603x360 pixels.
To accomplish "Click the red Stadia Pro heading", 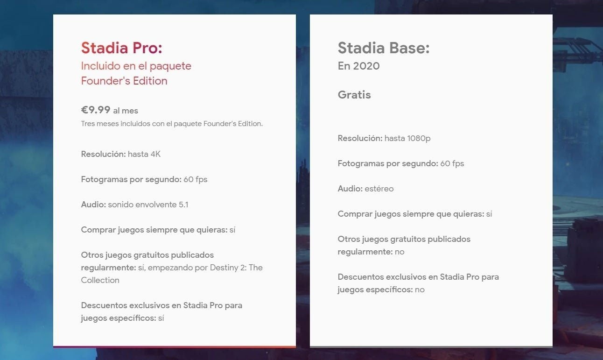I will coord(121,48).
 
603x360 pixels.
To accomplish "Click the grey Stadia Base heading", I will coord(383,48).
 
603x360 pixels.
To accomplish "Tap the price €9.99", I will coord(96,110).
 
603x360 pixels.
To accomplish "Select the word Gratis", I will coord(354,95).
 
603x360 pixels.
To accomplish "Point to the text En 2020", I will coord(358,66).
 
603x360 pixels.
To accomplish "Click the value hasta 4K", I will coord(144,154).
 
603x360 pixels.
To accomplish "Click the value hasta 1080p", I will coord(407,138).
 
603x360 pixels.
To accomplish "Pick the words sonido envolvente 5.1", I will coord(148,205).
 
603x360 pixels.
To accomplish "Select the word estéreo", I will coord(379,189).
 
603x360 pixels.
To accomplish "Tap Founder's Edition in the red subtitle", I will coord(124,81).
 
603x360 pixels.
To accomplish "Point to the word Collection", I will coord(100,280).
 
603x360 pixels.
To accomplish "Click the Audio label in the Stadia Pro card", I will coord(93,205).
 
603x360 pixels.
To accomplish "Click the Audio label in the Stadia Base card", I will coord(350,189).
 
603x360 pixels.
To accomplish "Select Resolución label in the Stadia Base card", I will coord(360,138).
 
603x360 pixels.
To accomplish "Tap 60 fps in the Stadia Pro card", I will coord(195,179).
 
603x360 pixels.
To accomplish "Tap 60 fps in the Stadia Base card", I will coord(452,163).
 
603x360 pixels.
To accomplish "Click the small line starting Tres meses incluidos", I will coord(172,124).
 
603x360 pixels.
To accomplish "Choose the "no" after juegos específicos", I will coord(420,289).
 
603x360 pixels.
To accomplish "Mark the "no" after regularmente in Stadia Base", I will coord(399,252).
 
